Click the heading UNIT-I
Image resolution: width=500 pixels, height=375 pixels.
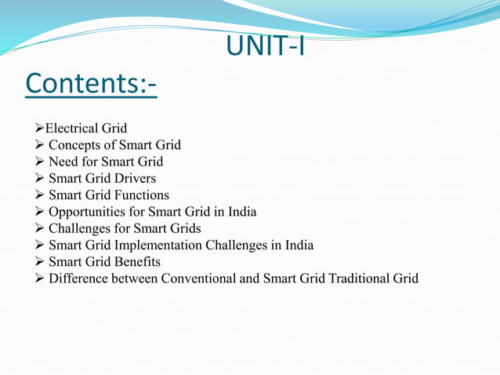(265, 46)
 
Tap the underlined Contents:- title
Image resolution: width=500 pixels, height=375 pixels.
(90, 83)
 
